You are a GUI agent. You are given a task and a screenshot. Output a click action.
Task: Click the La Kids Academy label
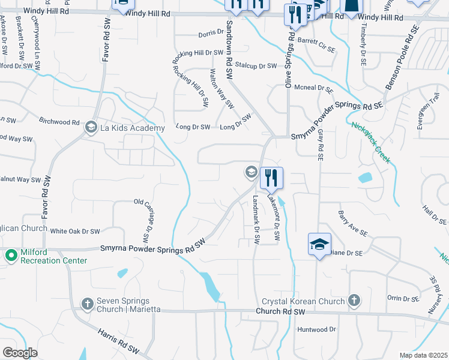[x=132, y=128]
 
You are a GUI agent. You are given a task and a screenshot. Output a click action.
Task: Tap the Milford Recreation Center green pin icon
[x=11, y=256]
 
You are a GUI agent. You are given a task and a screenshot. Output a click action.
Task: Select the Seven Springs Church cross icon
[x=88, y=304]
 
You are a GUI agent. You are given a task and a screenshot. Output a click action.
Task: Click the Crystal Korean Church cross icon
[x=354, y=301]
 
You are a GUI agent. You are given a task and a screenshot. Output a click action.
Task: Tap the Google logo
[x=20, y=353]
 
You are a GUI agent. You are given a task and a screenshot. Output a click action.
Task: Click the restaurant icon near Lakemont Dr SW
[x=271, y=178]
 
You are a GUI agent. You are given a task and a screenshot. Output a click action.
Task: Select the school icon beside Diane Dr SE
[x=319, y=244]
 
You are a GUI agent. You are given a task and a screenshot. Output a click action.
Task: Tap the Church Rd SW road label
[x=280, y=312]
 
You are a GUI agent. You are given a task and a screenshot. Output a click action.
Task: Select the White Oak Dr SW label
[x=75, y=231]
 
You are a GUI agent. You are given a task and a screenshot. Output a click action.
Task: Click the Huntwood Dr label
[x=316, y=329]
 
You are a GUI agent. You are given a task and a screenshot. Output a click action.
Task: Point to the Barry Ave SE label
[x=352, y=221]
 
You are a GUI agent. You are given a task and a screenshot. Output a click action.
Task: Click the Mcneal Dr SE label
[x=318, y=88]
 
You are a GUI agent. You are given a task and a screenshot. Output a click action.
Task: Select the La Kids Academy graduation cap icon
[x=91, y=127]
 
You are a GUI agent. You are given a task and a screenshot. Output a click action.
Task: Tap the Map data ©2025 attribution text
[x=423, y=355]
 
